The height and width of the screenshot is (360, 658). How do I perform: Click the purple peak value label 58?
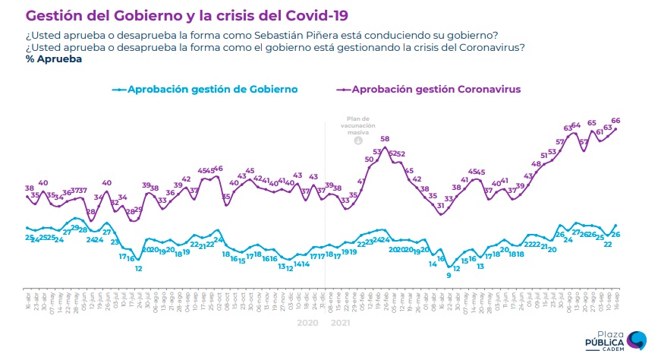pos(385,139)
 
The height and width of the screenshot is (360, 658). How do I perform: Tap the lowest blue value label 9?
pos(449,275)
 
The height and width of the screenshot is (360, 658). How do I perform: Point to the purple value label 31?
pos(440,205)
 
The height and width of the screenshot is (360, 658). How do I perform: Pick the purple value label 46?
pos(218,169)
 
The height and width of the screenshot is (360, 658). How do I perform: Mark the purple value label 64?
pos(575,125)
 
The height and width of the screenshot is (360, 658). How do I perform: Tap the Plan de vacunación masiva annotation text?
pos(357,125)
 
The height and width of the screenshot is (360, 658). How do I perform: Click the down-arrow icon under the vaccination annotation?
pos(357,141)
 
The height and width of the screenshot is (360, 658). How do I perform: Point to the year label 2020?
pos(307,322)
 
